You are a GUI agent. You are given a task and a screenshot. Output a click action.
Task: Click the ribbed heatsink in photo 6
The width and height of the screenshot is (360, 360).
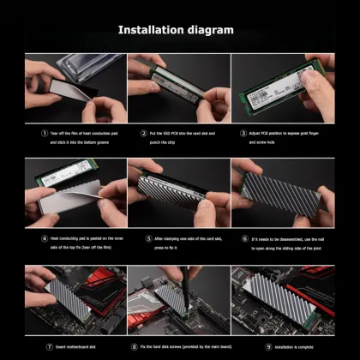click(283, 193)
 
